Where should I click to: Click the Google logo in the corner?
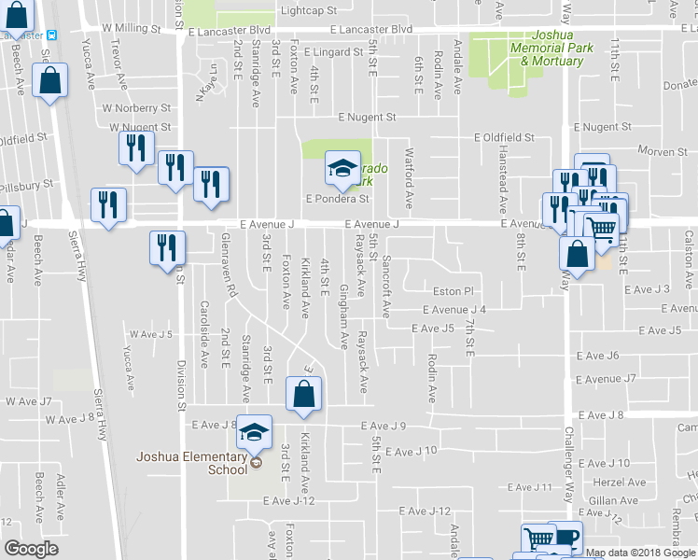[x=32, y=549]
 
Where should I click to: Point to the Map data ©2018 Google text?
[x=640, y=553]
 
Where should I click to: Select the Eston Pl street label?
[x=454, y=292]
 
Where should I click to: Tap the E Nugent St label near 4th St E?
[x=367, y=118]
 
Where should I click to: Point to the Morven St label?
[x=662, y=151]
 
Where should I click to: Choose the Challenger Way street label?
[x=567, y=475]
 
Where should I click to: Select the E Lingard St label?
[x=331, y=53]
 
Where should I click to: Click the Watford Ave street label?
[x=408, y=176]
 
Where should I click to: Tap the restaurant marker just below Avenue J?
[x=167, y=247]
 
